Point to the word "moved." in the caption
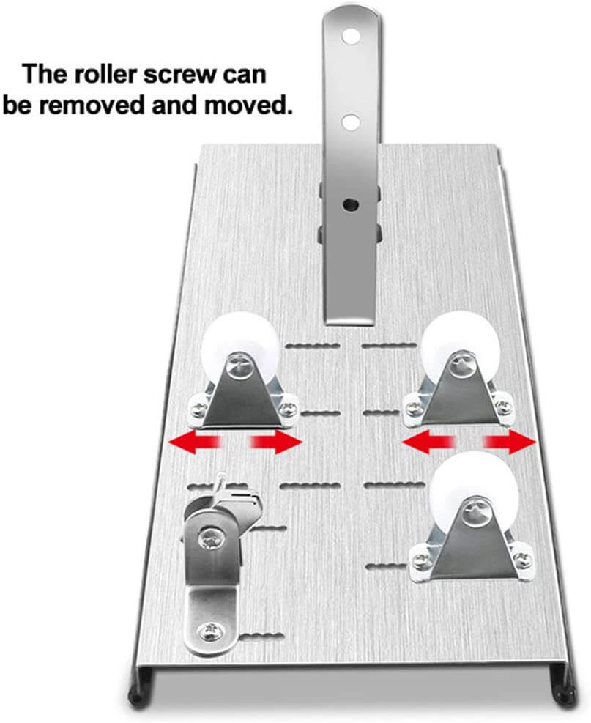(x=249, y=105)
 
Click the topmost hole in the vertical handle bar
(x=351, y=36)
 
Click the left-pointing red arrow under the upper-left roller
(x=196, y=442)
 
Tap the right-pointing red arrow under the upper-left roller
(x=275, y=442)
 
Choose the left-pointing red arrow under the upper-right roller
(x=428, y=442)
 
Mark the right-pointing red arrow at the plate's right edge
(x=510, y=442)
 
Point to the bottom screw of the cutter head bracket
(x=212, y=631)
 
